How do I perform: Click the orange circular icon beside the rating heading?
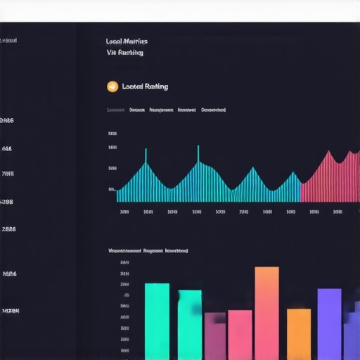[x=112, y=86]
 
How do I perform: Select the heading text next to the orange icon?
[x=145, y=86]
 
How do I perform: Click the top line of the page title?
[x=126, y=41]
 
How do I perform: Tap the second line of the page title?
[x=125, y=53]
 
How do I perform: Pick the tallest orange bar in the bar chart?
[x=266, y=313]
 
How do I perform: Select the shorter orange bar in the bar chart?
[x=298, y=334]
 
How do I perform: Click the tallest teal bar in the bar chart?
[x=157, y=321]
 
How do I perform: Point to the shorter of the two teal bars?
[x=189, y=325]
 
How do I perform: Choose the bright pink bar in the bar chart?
[x=240, y=335]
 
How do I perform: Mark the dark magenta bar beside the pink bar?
[x=215, y=336]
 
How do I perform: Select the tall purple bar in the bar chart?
[x=329, y=323]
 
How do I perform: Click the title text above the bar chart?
[x=148, y=250]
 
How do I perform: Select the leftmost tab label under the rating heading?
[x=115, y=110]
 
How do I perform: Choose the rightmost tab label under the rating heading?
[x=213, y=110]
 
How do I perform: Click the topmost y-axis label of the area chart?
[x=112, y=133]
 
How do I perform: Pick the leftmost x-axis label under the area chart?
[x=124, y=211]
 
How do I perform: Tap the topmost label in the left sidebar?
[x=8, y=41]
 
